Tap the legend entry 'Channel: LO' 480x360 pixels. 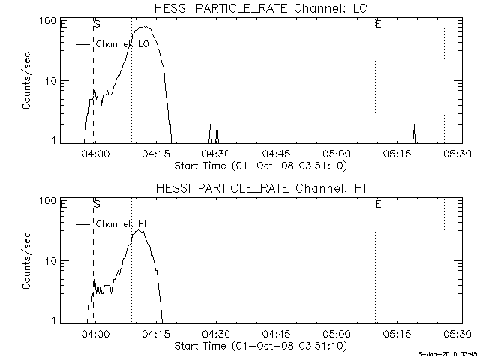tap(120, 45)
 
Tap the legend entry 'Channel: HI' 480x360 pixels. tap(120, 224)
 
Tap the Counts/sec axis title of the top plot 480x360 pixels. tap(27, 82)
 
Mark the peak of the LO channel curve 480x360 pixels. tap(145, 27)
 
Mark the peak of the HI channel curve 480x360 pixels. tap(139, 230)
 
